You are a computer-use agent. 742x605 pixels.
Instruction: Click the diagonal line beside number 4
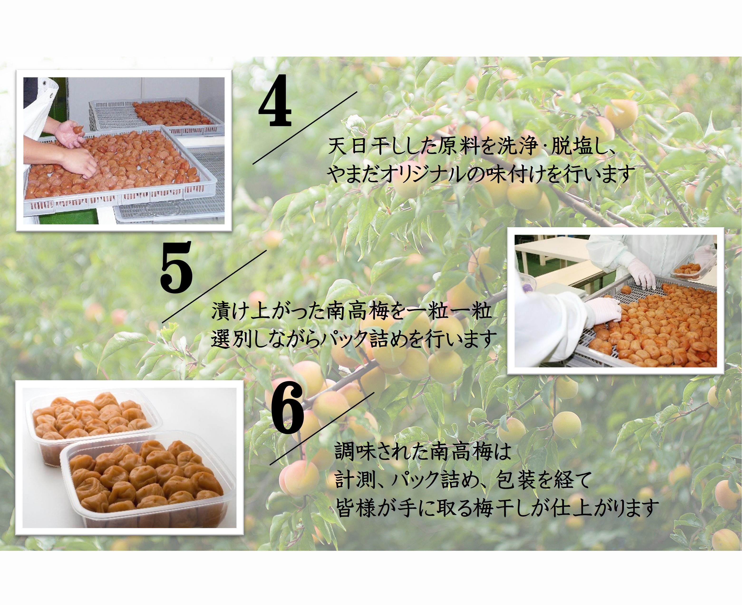tap(305, 128)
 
